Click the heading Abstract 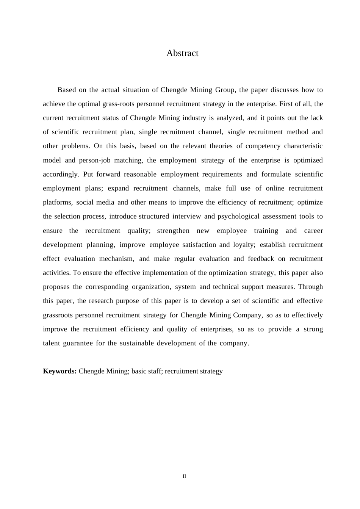point(182,53)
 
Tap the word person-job point(95,161)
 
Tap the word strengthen point(173,231)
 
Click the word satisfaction point(199,245)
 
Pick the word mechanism point(117,259)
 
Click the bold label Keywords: point(60,371)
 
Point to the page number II point(185,476)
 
